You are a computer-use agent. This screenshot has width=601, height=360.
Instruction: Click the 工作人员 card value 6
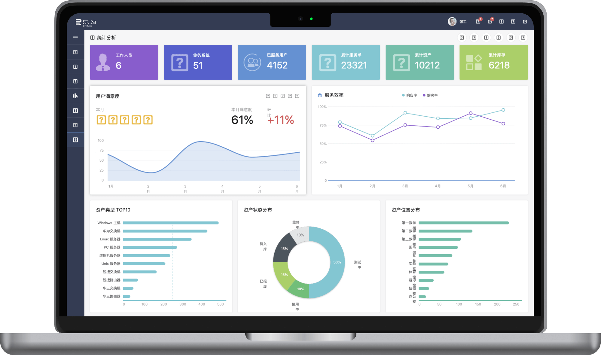(x=119, y=66)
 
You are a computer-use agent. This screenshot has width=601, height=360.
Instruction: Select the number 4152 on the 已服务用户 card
(x=277, y=65)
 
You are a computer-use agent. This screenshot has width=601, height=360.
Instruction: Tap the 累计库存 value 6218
(x=499, y=65)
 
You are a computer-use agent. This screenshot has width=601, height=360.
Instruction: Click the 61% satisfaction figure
(x=242, y=120)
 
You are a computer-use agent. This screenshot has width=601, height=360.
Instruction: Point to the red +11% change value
(x=281, y=120)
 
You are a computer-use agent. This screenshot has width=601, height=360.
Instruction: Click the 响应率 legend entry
(x=410, y=95)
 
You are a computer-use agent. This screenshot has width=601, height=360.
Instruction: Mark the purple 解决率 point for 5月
(x=471, y=113)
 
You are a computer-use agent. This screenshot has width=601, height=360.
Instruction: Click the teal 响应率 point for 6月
(x=503, y=110)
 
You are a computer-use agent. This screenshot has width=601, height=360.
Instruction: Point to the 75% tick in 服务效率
(x=323, y=125)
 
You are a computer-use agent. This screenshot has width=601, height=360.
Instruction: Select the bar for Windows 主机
(x=171, y=223)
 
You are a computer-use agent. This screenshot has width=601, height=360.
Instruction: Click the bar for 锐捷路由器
(x=130, y=280)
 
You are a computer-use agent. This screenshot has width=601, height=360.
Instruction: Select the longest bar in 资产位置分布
(x=463, y=223)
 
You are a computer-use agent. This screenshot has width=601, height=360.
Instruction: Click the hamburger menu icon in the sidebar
(x=75, y=38)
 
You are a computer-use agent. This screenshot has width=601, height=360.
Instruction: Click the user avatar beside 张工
(x=452, y=21)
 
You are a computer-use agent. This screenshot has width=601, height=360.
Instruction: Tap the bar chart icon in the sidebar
(x=75, y=96)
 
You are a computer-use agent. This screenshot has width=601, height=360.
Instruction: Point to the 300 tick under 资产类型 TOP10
(x=183, y=304)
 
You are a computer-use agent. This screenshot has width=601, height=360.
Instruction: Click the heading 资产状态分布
(x=258, y=210)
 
